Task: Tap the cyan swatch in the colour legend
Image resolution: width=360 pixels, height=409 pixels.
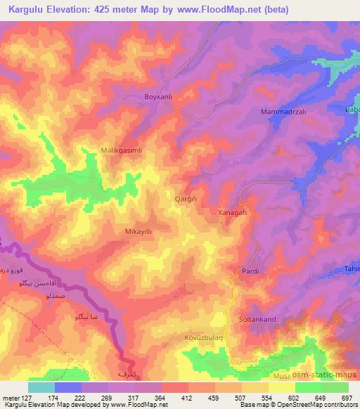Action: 41,387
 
